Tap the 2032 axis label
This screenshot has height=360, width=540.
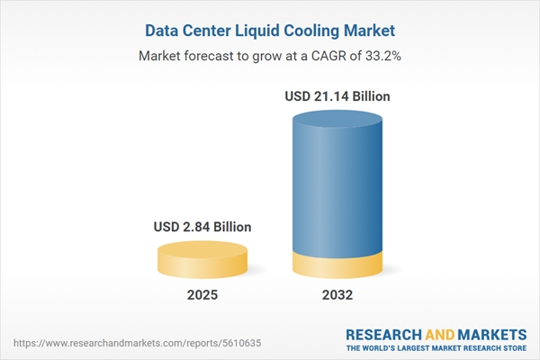337,295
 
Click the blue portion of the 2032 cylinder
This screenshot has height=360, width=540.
337,180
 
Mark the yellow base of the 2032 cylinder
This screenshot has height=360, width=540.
337,265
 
